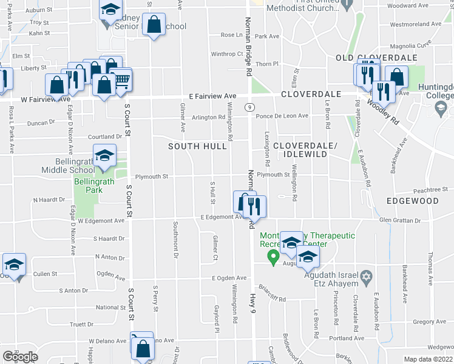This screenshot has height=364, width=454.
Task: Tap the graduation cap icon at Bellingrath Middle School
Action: coord(104,156)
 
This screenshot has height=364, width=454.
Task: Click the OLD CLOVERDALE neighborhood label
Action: coord(376,57)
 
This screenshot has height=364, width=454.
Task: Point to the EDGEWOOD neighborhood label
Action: coord(413,200)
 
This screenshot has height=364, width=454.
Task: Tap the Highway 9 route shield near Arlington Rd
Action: coord(249,107)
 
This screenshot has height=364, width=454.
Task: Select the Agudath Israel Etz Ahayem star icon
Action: coord(365,277)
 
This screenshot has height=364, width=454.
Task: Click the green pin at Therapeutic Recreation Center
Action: coord(273,258)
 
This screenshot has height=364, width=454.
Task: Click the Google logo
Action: coord(20,357)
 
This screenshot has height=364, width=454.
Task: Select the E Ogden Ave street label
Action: coord(229,278)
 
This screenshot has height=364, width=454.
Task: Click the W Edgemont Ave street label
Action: coord(101,221)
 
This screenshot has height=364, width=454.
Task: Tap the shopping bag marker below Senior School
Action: coord(155,25)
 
